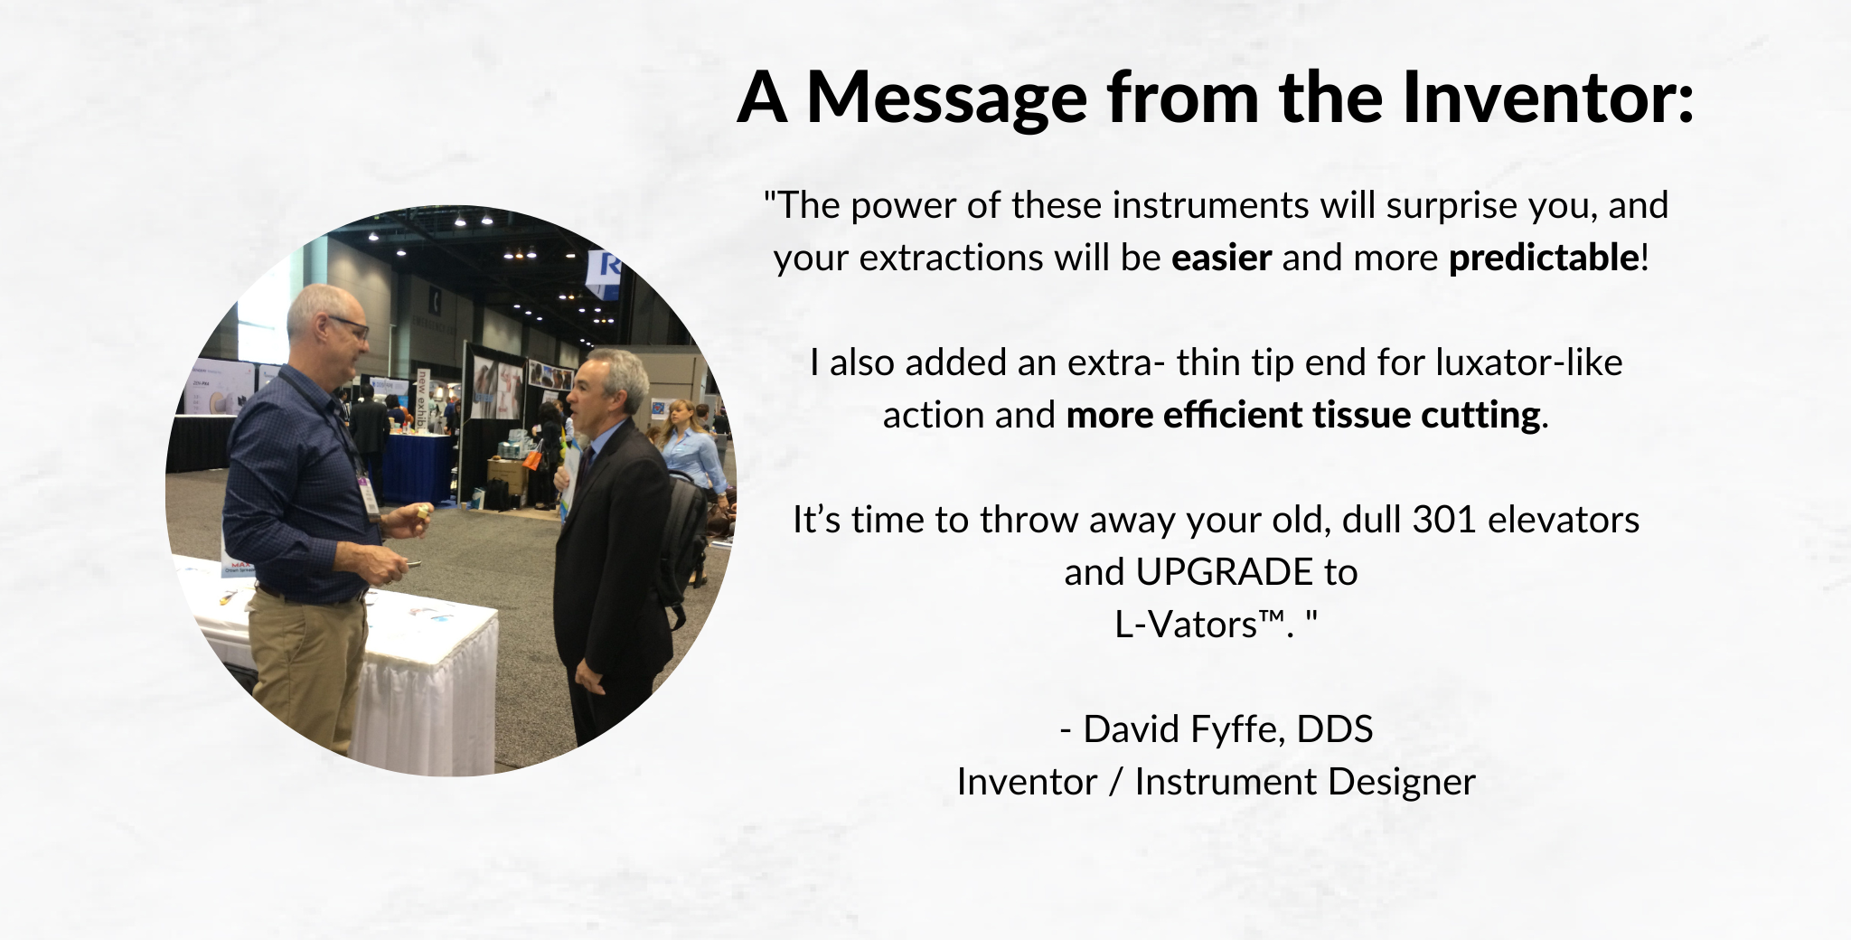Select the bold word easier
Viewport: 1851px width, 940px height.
click(1221, 258)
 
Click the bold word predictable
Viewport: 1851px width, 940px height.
click(1544, 258)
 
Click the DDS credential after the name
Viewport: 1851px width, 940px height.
click(1335, 729)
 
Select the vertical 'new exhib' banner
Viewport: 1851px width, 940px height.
click(421, 403)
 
